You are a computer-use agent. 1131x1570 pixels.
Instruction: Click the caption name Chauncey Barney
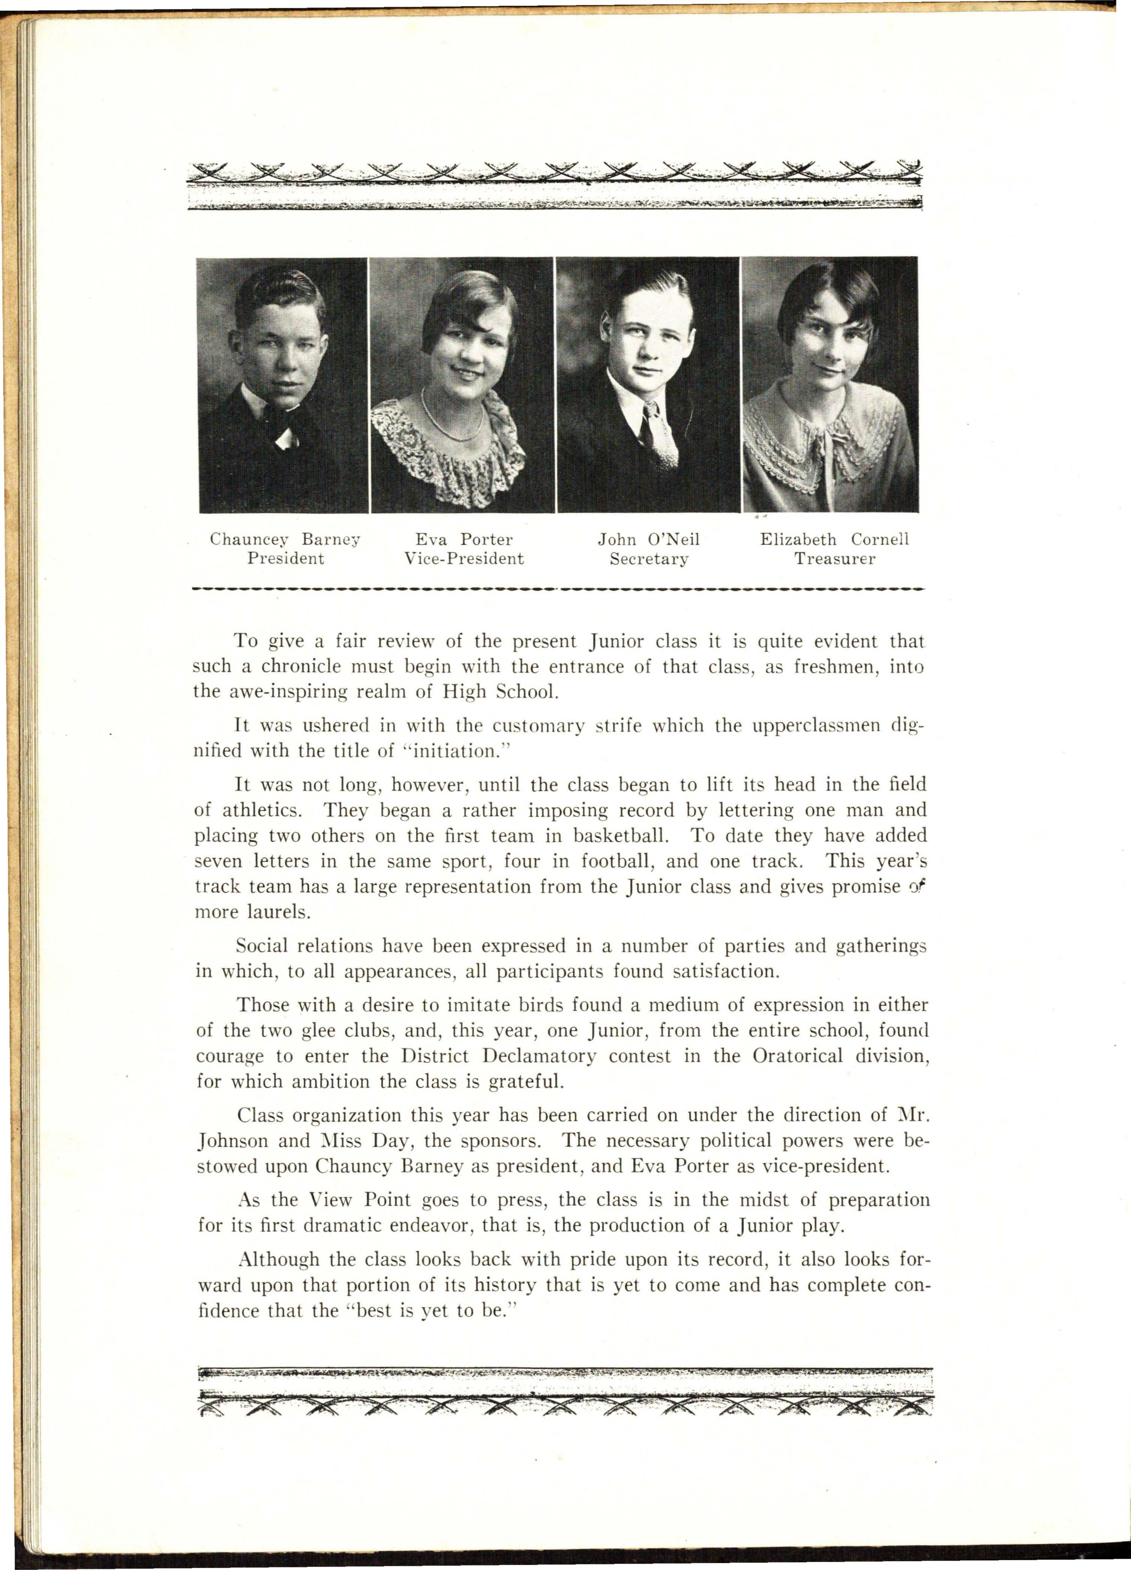coord(285,539)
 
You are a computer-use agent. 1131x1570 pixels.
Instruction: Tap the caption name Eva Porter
coord(463,539)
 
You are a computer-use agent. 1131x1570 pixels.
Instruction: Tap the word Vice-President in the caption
coord(463,559)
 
